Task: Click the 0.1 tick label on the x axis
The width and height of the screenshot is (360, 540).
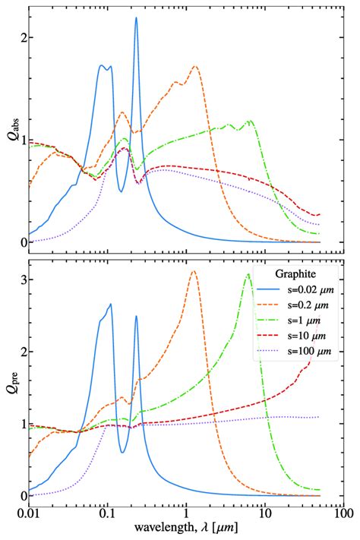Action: click(x=107, y=515)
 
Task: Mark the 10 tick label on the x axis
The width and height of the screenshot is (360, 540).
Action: click(x=264, y=515)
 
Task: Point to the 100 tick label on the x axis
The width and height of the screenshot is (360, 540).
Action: click(x=341, y=515)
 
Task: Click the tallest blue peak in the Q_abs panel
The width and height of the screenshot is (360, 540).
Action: click(x=136, y=17)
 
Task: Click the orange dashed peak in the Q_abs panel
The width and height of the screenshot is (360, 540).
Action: click(x=195, y=66)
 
